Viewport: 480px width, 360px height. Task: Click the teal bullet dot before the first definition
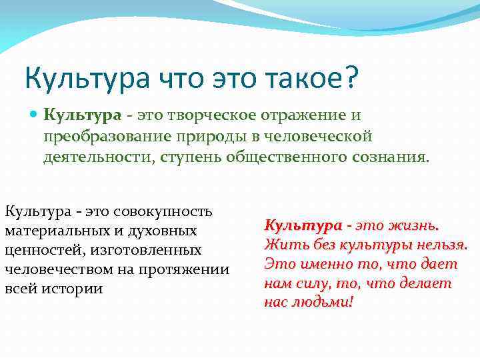pyautogui.click(x=35, y=115)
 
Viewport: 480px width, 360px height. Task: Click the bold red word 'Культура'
pyautogui.click(x=303, y=225)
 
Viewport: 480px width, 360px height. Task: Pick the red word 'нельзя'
pyautogui.click(x=441, y=244)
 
